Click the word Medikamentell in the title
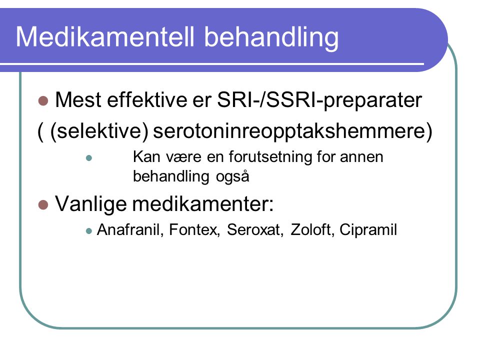coord(105,36)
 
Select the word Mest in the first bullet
coord(78,100)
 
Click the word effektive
coord(147,99)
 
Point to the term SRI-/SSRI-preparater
coord(319,100)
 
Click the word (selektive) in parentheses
coord(99,131)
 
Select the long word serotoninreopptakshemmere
coord(292,131)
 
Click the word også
coord(232,176)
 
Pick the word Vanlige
coord(90,204)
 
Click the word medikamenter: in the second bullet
coord(203,204)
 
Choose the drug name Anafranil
coord(128,229)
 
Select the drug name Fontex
coord(194,229)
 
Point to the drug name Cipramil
coord(368,230)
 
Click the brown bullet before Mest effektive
coord(43,100)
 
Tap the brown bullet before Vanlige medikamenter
coord(43,205)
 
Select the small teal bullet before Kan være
coord(89,158)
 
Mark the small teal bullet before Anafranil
coord(89,231)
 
